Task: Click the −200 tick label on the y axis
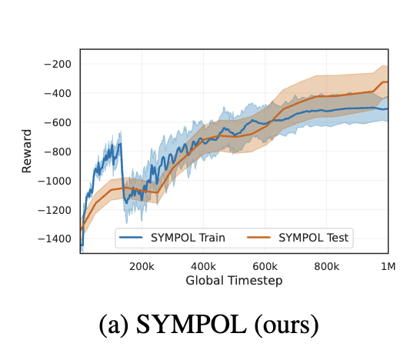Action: tap(58, 65)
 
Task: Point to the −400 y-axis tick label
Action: tap(58, 94)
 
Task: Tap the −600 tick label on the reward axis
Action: tap(58, 122)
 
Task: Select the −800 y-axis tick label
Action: tap(58, 152)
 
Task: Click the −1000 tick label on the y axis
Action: tap(55, 181)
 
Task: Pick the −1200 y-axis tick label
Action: tap(55, 210)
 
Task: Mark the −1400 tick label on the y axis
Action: tap(55, 238)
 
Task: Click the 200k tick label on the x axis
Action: tap(142, 266)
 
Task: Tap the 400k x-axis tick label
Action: tap(203, 266)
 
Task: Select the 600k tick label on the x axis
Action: tap(265, 266)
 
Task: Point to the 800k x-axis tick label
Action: tap(326, 266)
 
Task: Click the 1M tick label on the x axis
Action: tap(388, 266)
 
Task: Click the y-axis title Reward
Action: tap(27, 151)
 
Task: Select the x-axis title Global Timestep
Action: tap(234, 281)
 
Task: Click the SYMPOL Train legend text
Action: tap(188, 238)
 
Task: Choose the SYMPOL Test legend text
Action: tap(313, 238)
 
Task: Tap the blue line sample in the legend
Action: tap(131, 238)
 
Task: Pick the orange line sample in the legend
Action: tap(258, 238)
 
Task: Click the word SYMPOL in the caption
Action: tap(192, 325)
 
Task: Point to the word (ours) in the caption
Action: tap(286, 325)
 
